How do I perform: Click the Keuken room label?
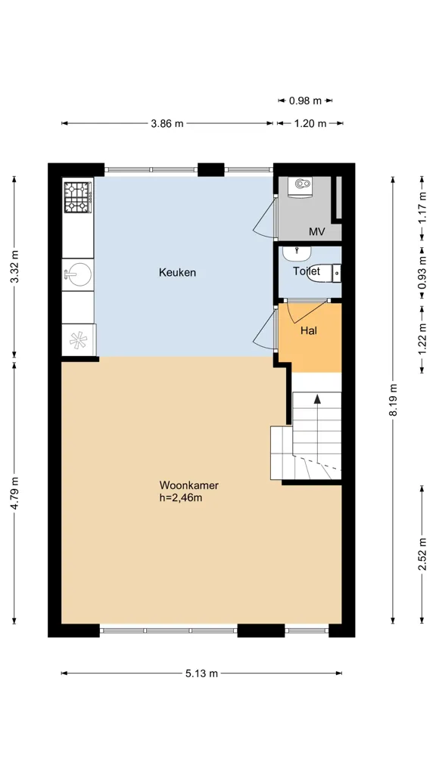(177, 272)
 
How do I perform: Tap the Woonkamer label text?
(188, 485)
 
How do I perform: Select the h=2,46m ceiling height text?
(180, 497)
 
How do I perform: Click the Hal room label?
(309, 331)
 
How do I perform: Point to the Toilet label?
(307, 271)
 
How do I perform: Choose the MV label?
(316, 231)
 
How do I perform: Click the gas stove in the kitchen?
(78, 197)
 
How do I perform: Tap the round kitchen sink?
(78, 274)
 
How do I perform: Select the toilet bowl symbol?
(324, 273)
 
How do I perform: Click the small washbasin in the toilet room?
(297, 253)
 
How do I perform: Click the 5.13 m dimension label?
(201, 673)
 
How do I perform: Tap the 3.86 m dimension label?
(167, 123)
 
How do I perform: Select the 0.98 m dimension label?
(305, 101)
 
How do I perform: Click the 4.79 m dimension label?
(14, 493)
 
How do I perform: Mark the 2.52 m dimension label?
(422, 555)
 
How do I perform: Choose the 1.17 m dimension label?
(422, 207)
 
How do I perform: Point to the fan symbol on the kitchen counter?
(78, 340)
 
